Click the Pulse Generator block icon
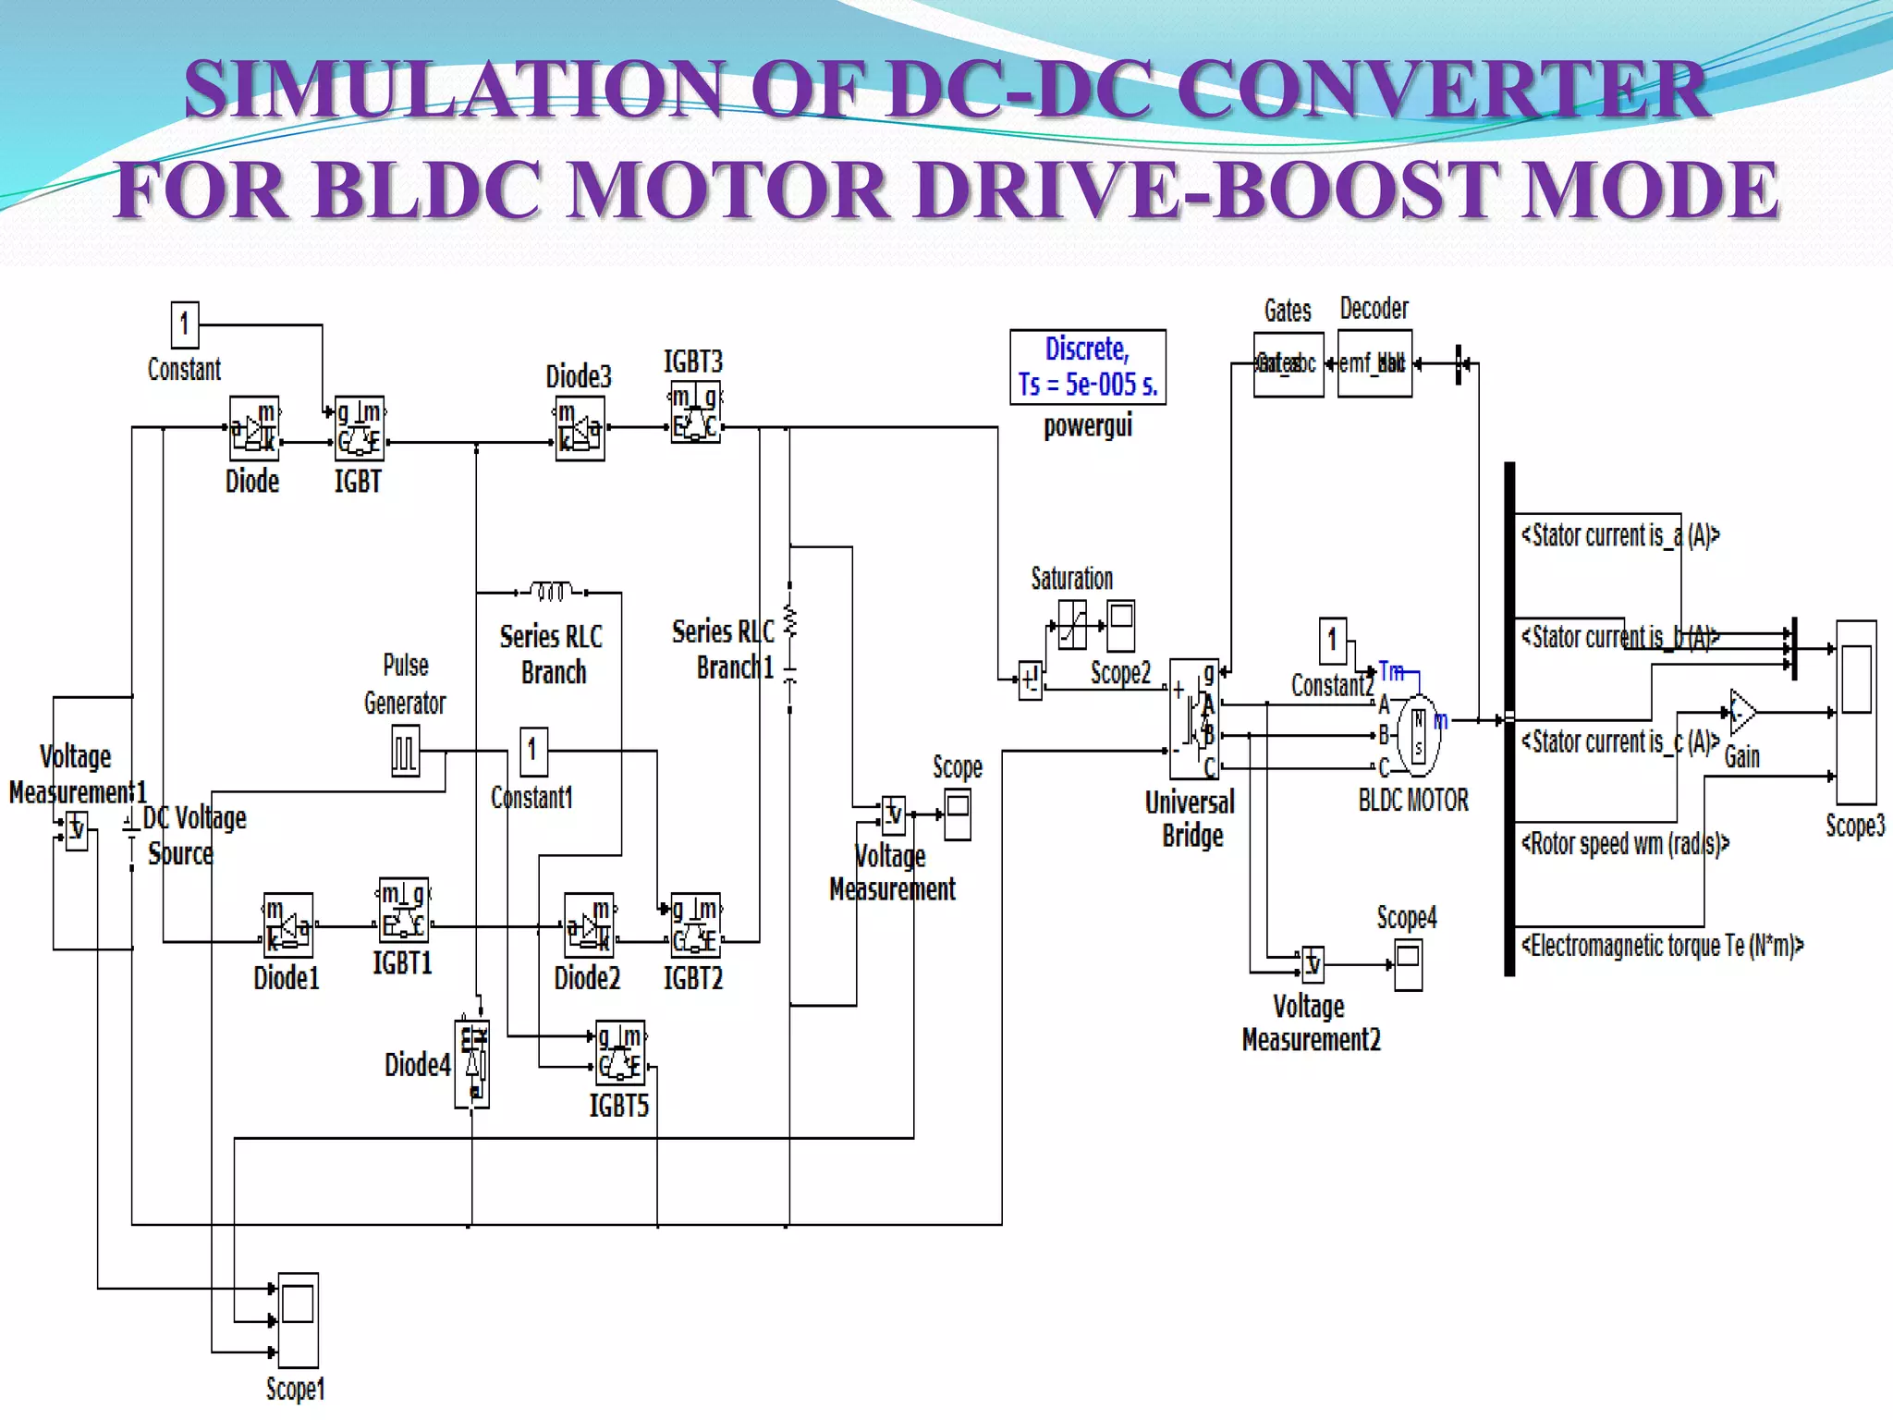[x=405, y=750]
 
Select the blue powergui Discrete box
[x=1087, y=367]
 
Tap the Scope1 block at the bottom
[x=298, y=1319]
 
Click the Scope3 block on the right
[x=1856, y=712]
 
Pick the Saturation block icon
[x=1072, y=625]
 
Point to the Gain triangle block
[x=1742, y=712]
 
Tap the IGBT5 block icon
[x=619, y=1052]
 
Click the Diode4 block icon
[x=472, y=1064]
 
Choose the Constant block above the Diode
[x=185, y=324]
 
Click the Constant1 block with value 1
[x=532, y=751]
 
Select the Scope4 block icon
[x=1408, y=965]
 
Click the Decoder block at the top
[x=1374, y=364]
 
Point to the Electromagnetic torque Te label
[x=1662, y=946]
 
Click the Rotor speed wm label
[x=1624, y=843]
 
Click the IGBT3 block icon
[x=695, y=412]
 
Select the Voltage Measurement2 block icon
[x=1313, y=964]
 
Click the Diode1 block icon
[x=287, y=924]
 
